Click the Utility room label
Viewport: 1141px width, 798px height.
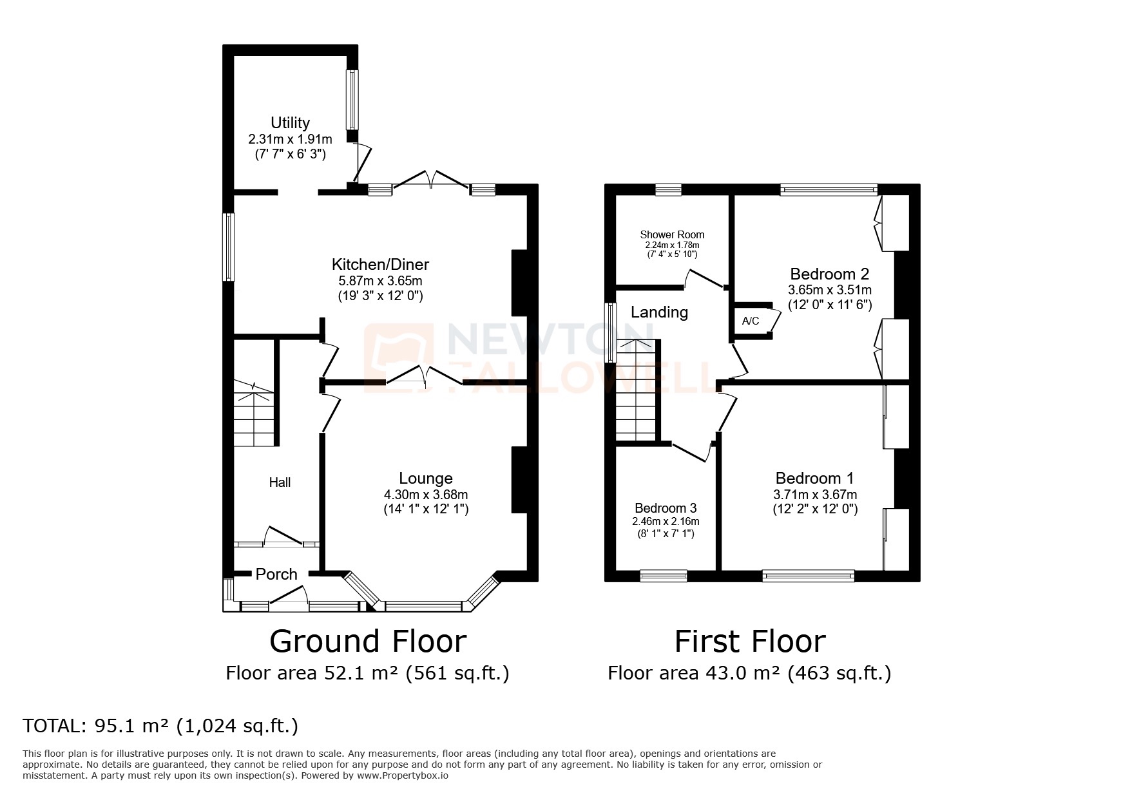tap(290, 122)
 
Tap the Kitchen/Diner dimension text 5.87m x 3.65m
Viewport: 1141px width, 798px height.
tap(380, 281)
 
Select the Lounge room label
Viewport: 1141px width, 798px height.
tap(426, 479)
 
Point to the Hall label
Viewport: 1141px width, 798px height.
tap(280, 482)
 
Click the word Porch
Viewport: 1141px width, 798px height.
tap(276, 575)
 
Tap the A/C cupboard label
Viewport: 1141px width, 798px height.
tap(751, 321)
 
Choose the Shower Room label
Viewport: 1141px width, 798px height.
tap(672, 234)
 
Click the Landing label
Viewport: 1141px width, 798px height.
tap(659, 312)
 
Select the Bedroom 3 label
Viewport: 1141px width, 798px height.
tap(666, 508)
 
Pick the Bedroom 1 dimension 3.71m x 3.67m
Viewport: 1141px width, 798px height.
tap(815, 495)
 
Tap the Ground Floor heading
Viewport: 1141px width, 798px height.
tap(367, 641)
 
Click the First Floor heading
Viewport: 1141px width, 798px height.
tap(750, 641)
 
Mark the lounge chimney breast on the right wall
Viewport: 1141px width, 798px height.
tap(519, 480)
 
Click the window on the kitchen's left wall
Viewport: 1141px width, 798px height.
tap(229, 247)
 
